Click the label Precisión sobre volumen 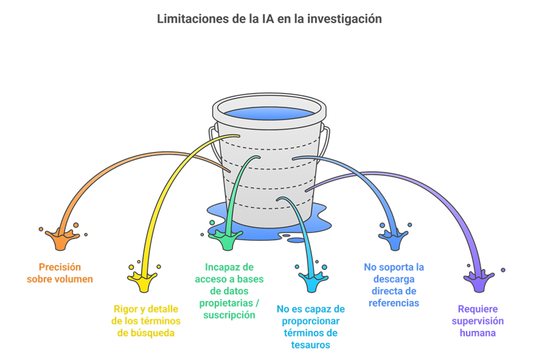coord(60,273)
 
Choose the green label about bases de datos coord(228,291)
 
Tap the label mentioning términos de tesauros coord(310,327)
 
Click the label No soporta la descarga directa coord(394,285)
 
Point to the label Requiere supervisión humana coord(478,320)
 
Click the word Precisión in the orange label coord(60,267)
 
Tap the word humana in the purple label coord(478,333)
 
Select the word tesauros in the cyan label coord(310,345)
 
